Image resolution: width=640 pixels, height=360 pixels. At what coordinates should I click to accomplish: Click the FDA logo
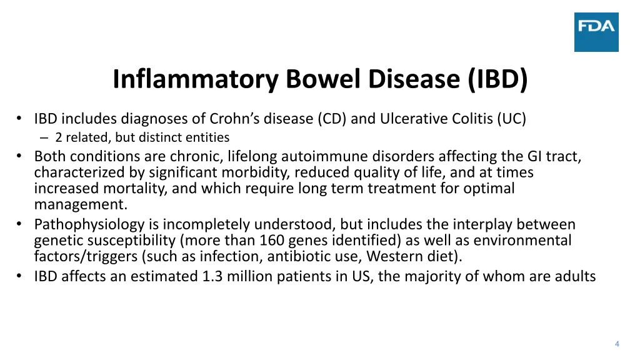pos(596,32)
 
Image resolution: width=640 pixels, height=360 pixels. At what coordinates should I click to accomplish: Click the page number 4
pos(617,344)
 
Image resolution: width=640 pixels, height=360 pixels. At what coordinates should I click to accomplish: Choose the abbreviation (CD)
pos(332,119)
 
